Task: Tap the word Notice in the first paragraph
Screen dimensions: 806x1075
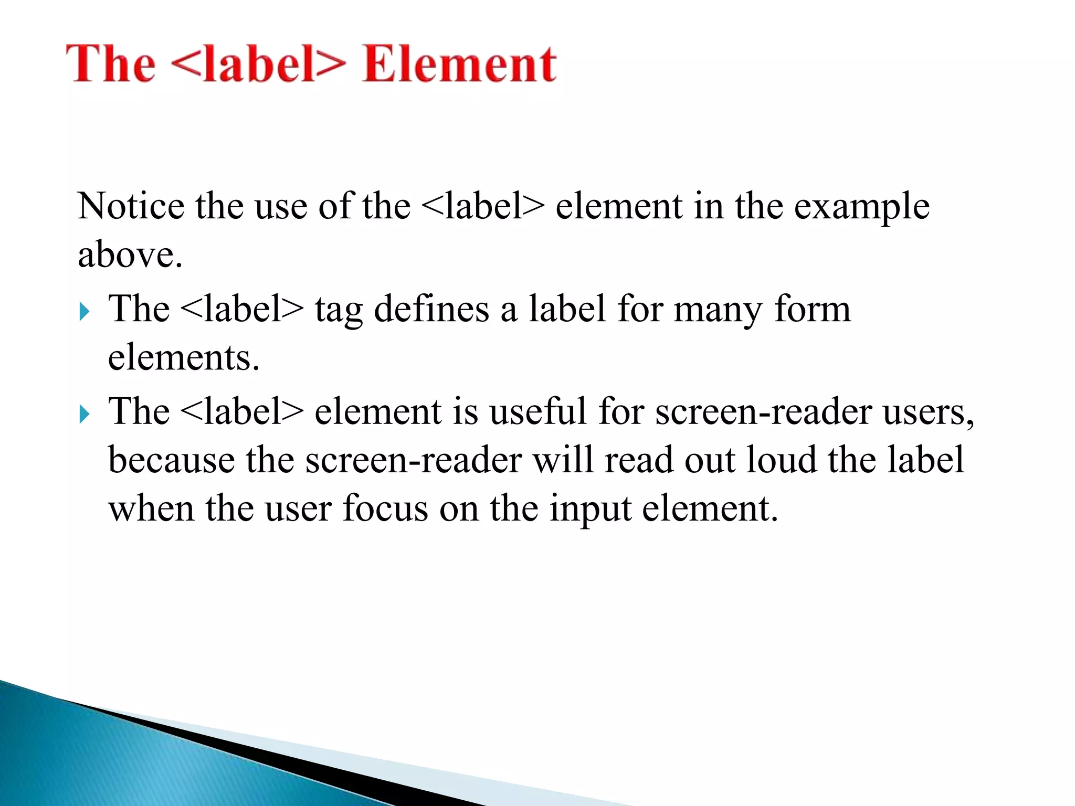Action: pos(131,206)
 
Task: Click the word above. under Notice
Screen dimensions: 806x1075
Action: pos(130,255)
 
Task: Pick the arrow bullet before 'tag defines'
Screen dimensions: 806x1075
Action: pos(84,312)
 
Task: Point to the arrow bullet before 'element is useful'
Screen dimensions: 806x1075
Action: pos(84,414)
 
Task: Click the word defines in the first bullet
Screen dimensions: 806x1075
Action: pos(431,310)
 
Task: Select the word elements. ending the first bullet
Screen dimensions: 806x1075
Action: pos(184,357)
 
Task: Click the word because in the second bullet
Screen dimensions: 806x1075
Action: pos(171,460)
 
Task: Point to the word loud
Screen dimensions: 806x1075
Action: pos(782,460)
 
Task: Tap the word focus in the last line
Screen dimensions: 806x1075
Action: pos(385,508)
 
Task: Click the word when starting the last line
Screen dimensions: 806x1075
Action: pos(151,508)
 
